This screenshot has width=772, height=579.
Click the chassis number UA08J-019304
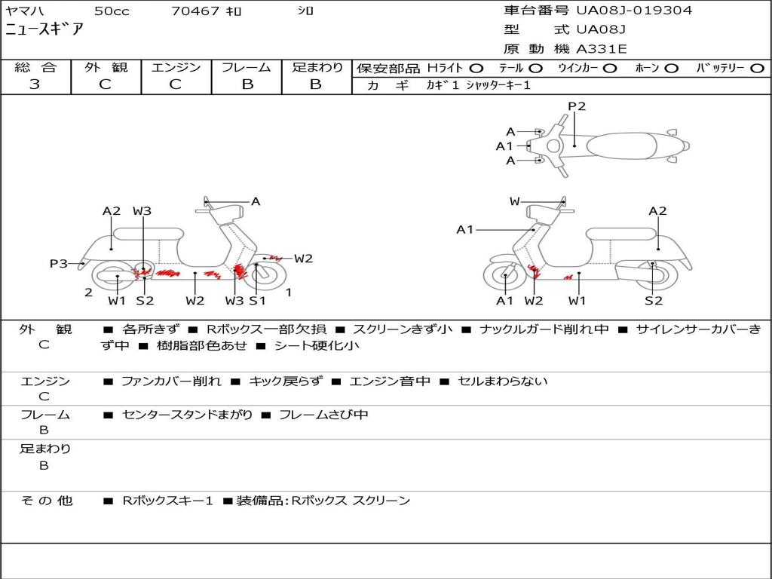(634, 10)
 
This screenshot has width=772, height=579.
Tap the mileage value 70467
(195, 11)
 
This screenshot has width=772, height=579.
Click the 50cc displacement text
(112, 11)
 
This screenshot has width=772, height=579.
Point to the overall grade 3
(35, 84)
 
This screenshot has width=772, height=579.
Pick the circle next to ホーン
(670, 69)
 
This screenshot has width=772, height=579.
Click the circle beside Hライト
(476, 69)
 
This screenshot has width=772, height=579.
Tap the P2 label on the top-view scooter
(577, 106)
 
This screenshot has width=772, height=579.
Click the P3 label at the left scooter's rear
(59, 263)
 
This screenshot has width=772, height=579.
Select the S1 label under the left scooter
(257, 300)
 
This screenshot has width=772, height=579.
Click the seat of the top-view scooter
(621, 146)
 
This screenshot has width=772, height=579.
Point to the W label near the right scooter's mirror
(514, 201)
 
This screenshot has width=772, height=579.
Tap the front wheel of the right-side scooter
(504, 275)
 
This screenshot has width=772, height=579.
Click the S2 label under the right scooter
(654, 300)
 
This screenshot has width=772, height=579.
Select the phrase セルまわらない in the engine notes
(502, 381)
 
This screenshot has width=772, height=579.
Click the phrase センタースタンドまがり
(188, 415)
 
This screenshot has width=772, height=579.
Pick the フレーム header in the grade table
(247, 67)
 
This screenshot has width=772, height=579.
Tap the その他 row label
(46, 501)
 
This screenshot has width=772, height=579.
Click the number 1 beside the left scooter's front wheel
(289, 293)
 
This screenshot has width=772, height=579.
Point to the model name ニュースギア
(44, 29)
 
